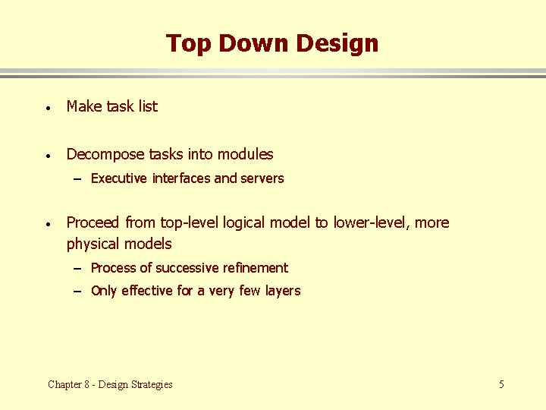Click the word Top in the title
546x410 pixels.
tap(186, 43)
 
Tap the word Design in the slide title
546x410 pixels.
tap(337, 43)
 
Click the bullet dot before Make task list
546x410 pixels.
tap(47, 108)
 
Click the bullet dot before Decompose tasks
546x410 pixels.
tap(47, 156)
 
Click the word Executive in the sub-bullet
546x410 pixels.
tap(119, 178)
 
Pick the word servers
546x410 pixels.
tap(262, 178)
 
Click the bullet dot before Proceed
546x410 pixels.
tap(47, 224)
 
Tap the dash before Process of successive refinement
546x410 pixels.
tap(79, 269)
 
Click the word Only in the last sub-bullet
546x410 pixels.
tap(103, 291)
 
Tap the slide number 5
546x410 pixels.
tap(501, 384)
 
